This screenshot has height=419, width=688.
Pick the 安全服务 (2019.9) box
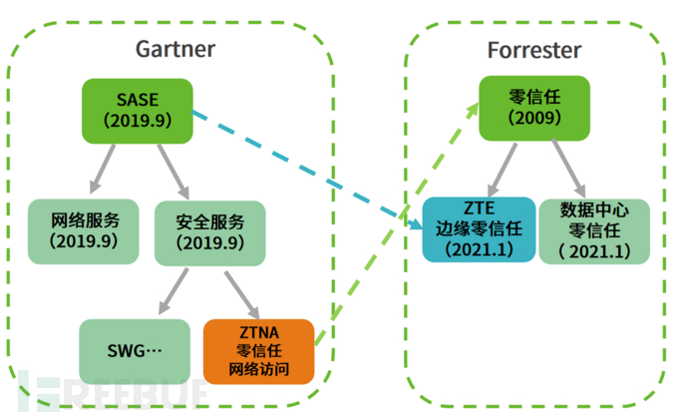pyautogui.click(x=199, y=231)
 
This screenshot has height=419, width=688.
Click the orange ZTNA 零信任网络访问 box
pyautogui.click(x=258, y=351)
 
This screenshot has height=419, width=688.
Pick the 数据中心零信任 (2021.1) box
pyautogui.click(x=595, y=230)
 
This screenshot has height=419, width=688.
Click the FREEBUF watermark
pyautogui.click(x=120, y=395)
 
